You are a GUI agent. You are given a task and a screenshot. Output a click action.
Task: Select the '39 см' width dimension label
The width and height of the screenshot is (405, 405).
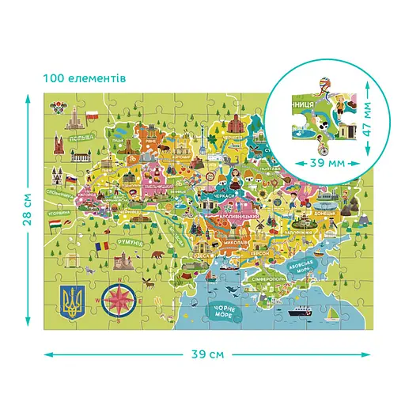coord(207,354)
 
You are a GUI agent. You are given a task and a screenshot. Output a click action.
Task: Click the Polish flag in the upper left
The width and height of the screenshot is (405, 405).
coord(93,116)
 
